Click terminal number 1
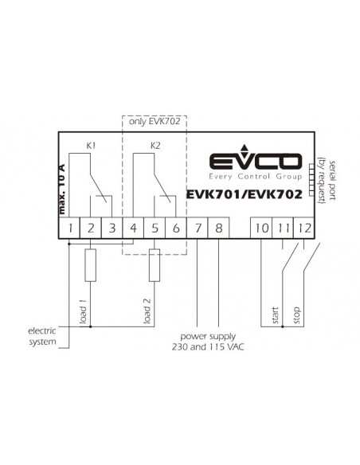[x=70, y=228]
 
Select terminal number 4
[x=134, y=228]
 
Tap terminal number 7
[x=198, y=228]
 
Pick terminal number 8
[x=219, y=228]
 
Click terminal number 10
[x=261, y=228]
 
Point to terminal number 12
[x=304, y=228]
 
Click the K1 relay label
[x=91, y=146]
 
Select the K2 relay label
[x=155, y=146]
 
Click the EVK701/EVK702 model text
[x=244, y=194]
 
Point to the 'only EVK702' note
[x=155, y=121]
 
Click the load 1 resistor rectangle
[x=91, y=265]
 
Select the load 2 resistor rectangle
[x=155, y=265]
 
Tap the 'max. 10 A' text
[x=61, y=189]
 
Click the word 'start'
[x=275, y=315]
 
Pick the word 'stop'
[x=296, y=315]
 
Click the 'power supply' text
[x=208, y=337]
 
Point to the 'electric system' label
[x=42, y=336]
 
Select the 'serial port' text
[x=332, y=180]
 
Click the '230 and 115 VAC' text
[x=208, y=346]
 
